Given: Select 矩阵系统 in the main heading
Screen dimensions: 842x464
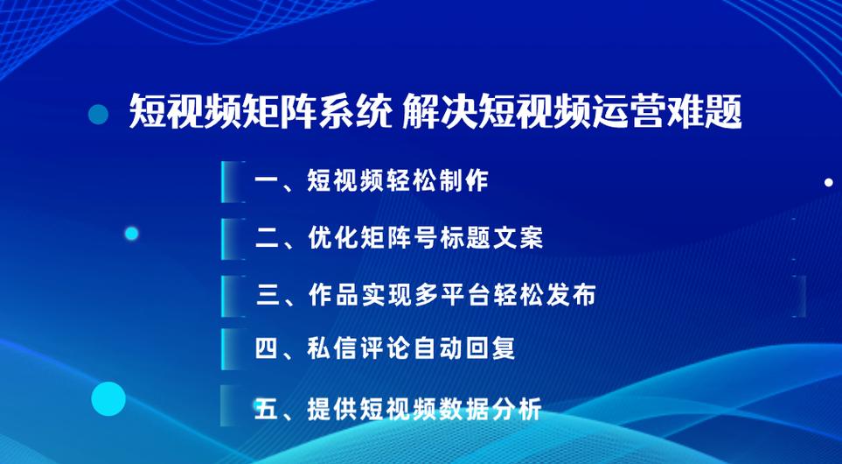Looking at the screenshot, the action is [x=317, y=112].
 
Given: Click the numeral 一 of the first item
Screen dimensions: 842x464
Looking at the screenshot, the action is [x=268, y=180].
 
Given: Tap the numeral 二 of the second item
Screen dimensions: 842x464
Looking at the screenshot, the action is [x=268, y=237].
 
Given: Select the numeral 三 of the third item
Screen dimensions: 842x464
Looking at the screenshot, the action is [x=268, y=295].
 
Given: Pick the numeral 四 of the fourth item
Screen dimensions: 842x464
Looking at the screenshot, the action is [x=268, y=349].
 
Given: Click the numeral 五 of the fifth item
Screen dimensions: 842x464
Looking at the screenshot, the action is [x=268, y=409].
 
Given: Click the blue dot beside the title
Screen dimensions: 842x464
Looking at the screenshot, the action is [x=98, y=114].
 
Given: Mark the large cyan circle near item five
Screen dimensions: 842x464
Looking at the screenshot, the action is [x=108, y=398].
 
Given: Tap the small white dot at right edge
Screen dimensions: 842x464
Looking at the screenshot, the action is [x=829, y=183].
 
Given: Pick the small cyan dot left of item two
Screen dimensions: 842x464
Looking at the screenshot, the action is [x=131, y=234].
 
